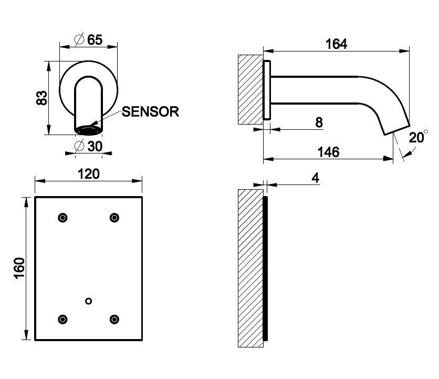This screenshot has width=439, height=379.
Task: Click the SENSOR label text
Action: pyautogui.click(x=151, y=111)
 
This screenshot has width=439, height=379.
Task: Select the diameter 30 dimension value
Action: pyautogui.click(x=89, y=147)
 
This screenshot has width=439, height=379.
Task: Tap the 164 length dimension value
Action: pyautogui.click(x=336, y=44)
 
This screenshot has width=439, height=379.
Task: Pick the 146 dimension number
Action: pyautogui.click(x=329, y=152)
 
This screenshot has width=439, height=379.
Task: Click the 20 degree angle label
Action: pyautogui.click(x=417, y=138)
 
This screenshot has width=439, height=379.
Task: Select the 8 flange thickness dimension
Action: pyautogui.click(x=319, y=122)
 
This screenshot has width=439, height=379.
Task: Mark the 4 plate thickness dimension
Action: pyautogui.click(x=315, y=178)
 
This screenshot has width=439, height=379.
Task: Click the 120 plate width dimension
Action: pyautogui.click(x=89, y=174)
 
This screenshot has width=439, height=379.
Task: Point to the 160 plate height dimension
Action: pyautogui.click(x=19, y=269)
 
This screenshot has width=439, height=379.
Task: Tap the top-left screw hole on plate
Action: pyautogui.click(x=63, y=218)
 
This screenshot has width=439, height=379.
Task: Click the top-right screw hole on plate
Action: pyautogui.click(x=113, y=218)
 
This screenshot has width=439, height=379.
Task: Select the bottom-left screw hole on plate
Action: pyautogui.click(x=63, y=319)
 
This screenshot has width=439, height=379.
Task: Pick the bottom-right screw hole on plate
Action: pyautogui.click(x=113, y=319)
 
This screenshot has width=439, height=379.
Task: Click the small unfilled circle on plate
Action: pyautogui.click(x=88, y=301)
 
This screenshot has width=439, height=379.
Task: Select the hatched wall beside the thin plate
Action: pyautogui.click(x=249, y=268)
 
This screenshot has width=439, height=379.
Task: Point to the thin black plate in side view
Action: pyautogui.click(x=265, y=268)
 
